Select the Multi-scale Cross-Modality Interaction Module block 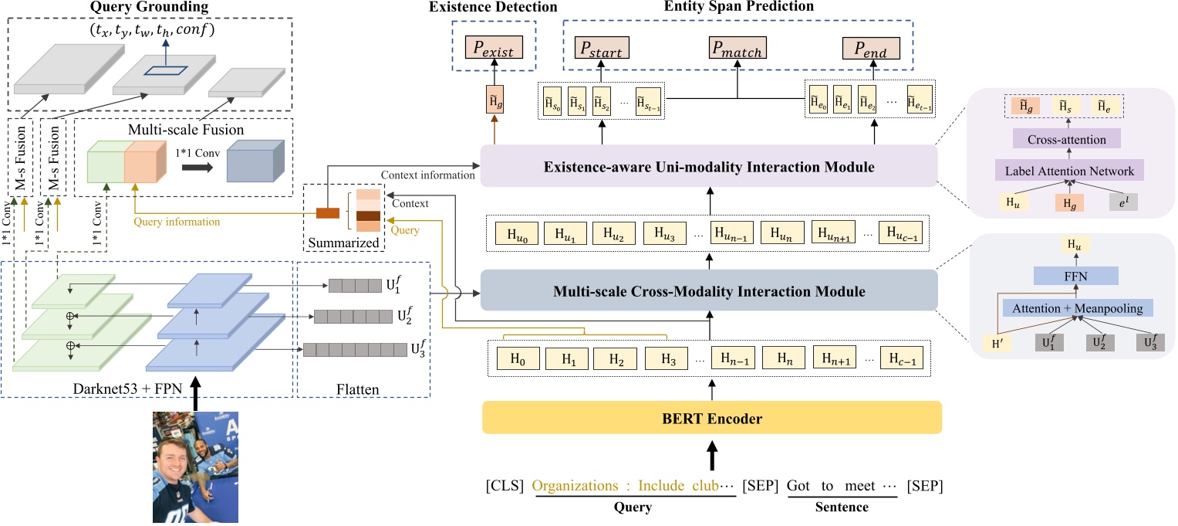click(x=708, y=292)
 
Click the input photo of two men click(x=194, y=468)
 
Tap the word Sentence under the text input click(x=842, y=507)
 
